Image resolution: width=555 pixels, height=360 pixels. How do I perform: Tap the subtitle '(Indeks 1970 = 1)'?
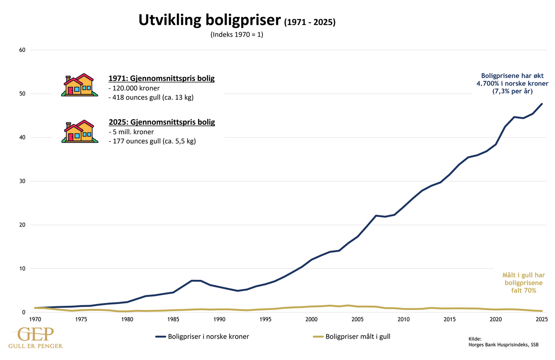point(237,35)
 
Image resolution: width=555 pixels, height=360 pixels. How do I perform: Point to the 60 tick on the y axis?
point(22,50)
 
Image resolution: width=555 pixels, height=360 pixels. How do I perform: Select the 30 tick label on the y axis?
point(22,181)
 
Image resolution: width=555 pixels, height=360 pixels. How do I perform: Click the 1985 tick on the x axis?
point(173,319)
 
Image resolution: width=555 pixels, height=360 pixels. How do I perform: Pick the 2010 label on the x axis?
point(403,319)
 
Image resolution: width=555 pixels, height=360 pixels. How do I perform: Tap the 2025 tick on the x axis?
point(542,319)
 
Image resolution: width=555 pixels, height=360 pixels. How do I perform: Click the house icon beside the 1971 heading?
point(79,85)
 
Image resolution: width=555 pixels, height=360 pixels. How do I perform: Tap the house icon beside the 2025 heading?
point(79,131)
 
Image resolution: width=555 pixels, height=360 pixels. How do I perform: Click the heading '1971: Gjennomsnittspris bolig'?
point(162,78)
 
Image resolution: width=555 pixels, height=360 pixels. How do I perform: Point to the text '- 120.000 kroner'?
point(134,88)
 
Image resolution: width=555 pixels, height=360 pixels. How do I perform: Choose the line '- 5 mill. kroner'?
point(131,132)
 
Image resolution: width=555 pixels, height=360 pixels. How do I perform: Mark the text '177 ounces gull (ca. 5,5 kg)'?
point(154,141)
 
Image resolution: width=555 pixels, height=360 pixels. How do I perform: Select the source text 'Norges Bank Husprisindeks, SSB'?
point(503,345)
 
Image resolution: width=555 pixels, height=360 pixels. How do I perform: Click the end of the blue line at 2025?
point(542,104)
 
